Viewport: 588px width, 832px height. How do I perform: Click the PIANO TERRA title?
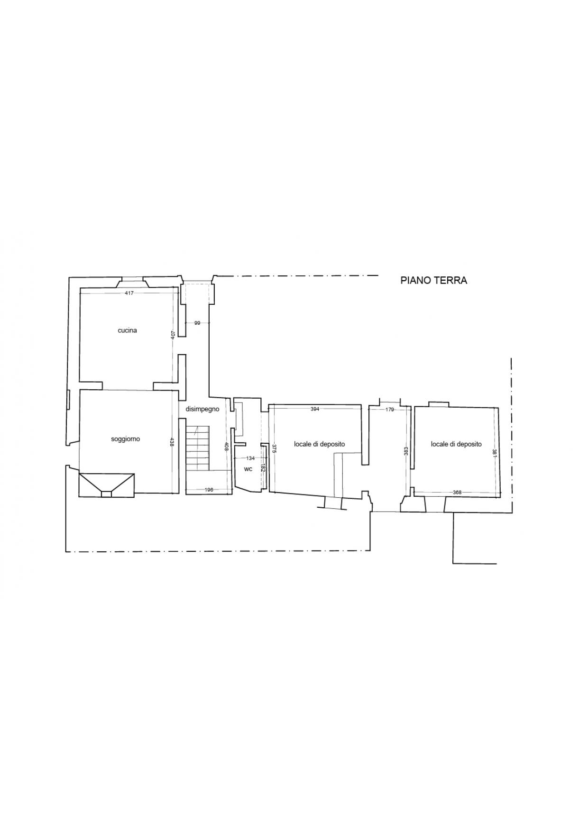(x=433, y=280)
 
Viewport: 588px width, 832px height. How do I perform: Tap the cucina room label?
(x=127, y=330)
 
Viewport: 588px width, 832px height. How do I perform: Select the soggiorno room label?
(x=125, y=439)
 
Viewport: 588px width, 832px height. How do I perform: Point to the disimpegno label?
(x=202, y=409)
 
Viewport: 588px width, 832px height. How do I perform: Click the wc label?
(x=248, y=469)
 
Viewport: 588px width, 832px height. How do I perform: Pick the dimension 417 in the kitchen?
(x=129, y=293)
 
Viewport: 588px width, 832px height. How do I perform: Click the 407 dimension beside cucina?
(x=173, y=335)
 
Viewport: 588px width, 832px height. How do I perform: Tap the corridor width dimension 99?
(x=197, y=323)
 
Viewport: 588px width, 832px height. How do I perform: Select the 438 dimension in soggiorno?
(x=172, y=442)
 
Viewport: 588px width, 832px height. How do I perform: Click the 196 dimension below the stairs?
(x=209, y=490)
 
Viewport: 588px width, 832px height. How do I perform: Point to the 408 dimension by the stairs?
(x=227, y=447)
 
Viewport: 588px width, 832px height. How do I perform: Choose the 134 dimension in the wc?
(x=250, y=458)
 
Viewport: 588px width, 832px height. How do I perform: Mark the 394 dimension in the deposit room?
(x=315, y=409)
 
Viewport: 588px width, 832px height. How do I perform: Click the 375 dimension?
(x=274, y=449)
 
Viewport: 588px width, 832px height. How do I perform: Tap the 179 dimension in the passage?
(x=390, y=410)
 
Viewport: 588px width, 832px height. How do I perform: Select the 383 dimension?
(x=406, y=451)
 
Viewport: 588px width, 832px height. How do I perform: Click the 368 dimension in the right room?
(x=457, y=493)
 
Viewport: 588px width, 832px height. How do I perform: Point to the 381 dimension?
(x=495, y=454)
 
